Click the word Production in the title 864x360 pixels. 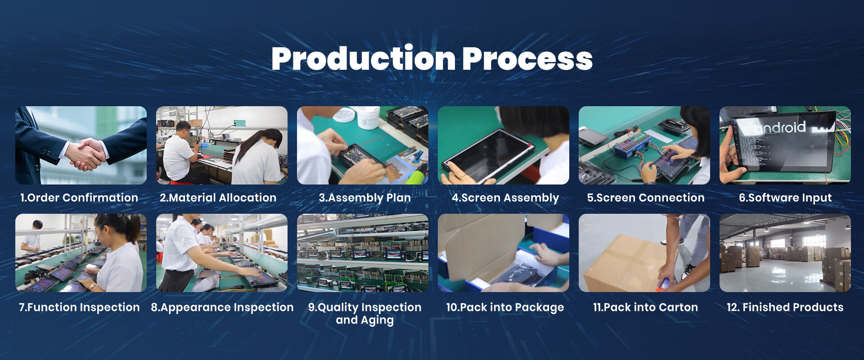coord(364,58)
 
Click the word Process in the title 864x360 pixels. coord(527,59)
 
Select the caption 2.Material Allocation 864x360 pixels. coord(218,198)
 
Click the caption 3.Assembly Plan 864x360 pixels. coord(364,198)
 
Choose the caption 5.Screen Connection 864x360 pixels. coord(646,198)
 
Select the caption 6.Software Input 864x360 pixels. coord(785,198)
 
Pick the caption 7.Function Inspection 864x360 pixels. coord(79,307)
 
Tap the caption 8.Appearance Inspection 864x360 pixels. coord(222,307)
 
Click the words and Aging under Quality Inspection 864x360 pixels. coord(364,320)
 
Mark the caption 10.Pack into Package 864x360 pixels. coord(505,307)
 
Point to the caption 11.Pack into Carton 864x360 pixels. coord(645,307)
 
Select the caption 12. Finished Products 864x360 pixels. coord(785,307)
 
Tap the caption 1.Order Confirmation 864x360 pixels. coord(79,198)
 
